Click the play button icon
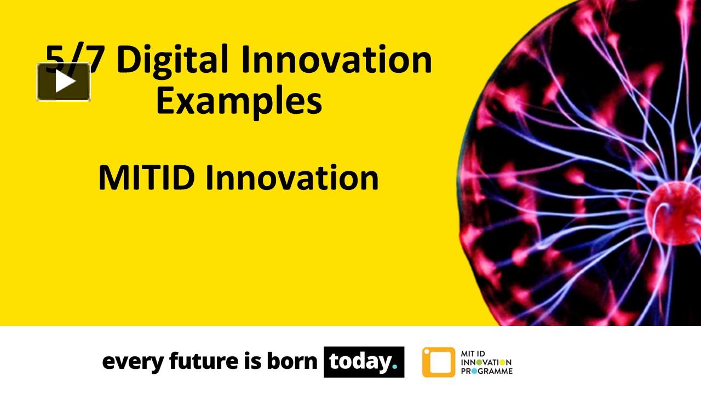pos(64,82)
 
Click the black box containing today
pos(364,362)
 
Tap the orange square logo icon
pos(438,362)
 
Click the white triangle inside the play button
pos(65,82)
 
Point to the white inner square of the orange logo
pos(439,362)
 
